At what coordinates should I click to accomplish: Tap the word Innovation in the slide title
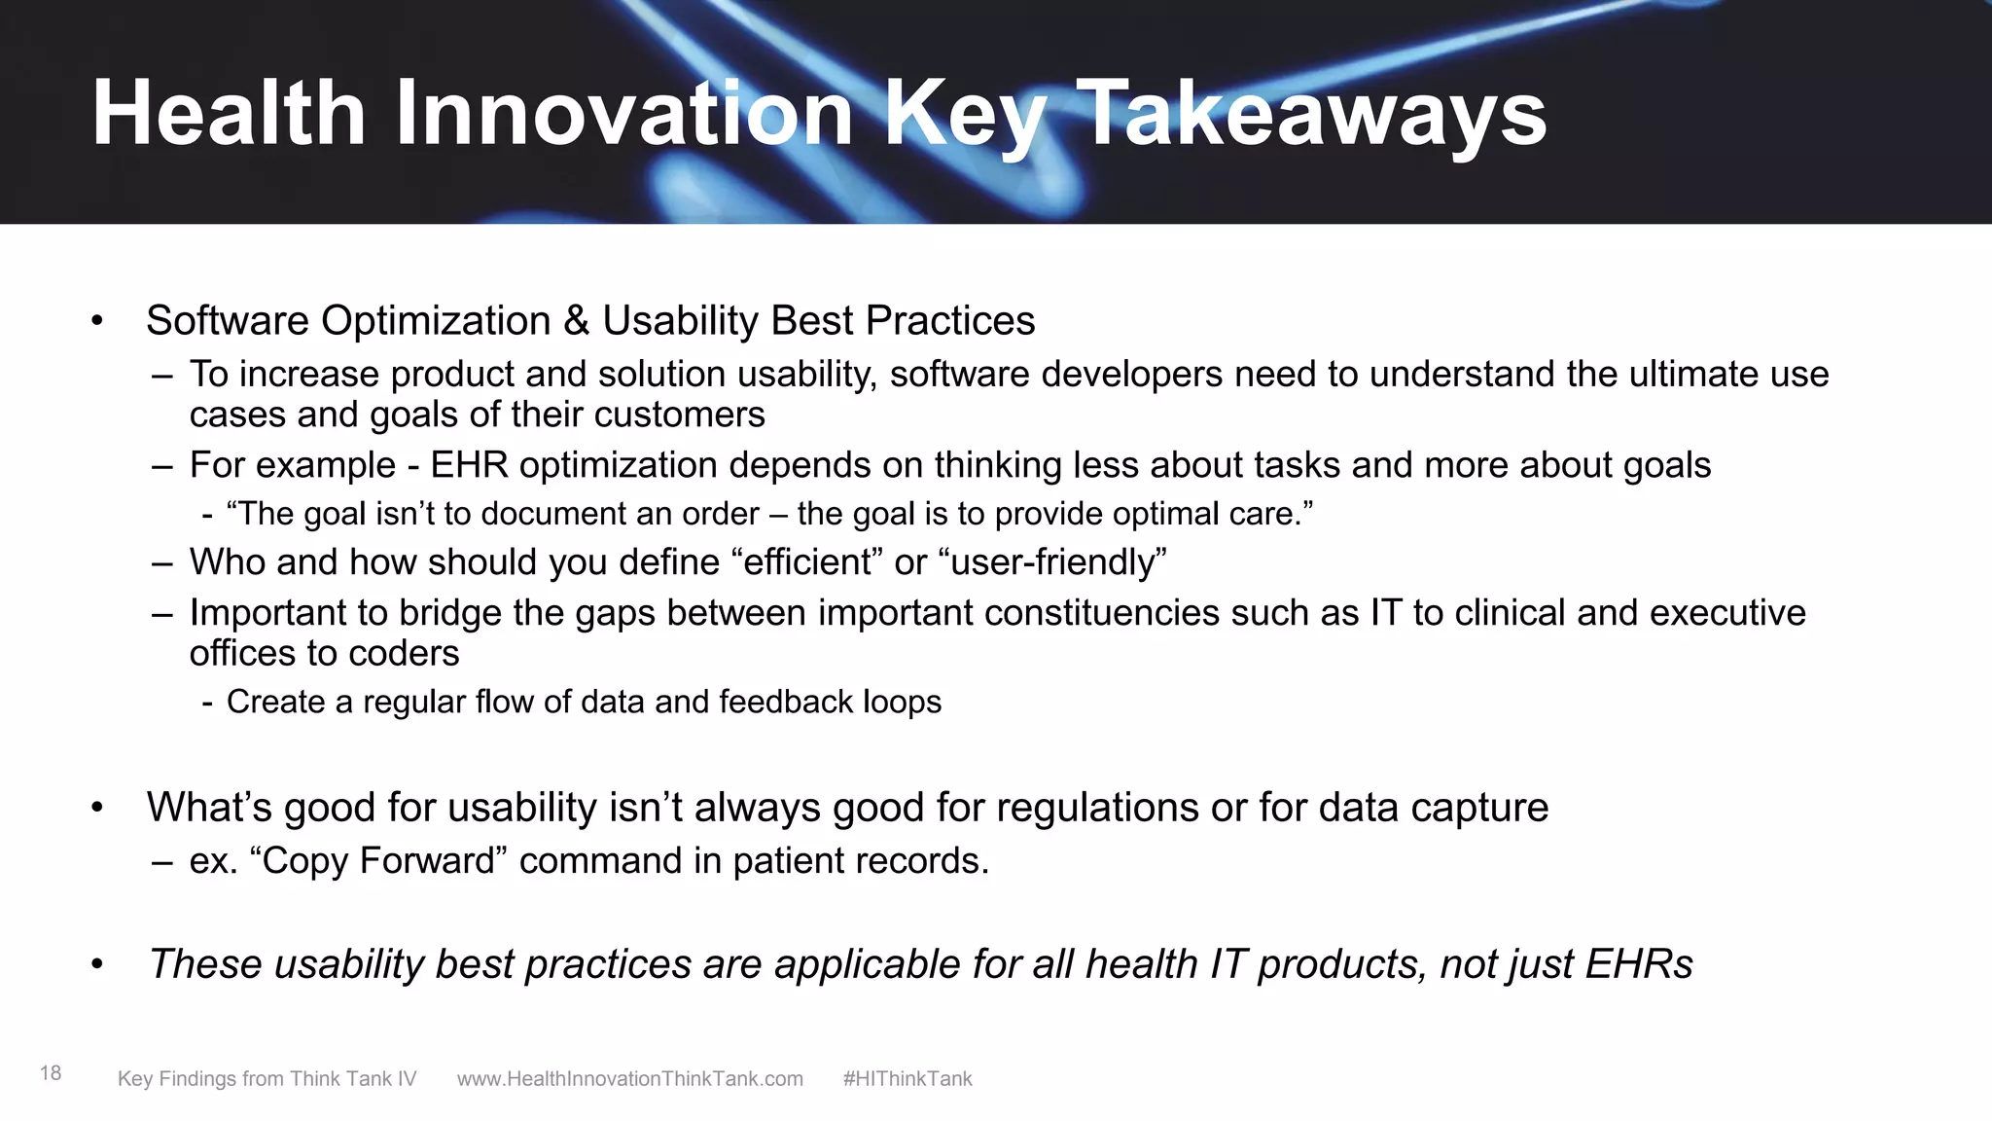[623, 115]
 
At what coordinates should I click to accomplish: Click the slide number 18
[51, 1073]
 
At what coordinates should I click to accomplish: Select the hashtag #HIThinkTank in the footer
[907, 1079]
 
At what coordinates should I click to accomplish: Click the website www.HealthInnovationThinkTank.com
[630, 1079]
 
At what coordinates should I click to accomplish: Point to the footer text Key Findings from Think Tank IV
[267, 1079]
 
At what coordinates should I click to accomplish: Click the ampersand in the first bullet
[577, 321]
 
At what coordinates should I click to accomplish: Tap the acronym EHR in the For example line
[469, 465]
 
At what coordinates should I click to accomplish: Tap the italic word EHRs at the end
[1639, 964]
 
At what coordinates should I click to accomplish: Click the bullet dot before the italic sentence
[96, 964]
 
